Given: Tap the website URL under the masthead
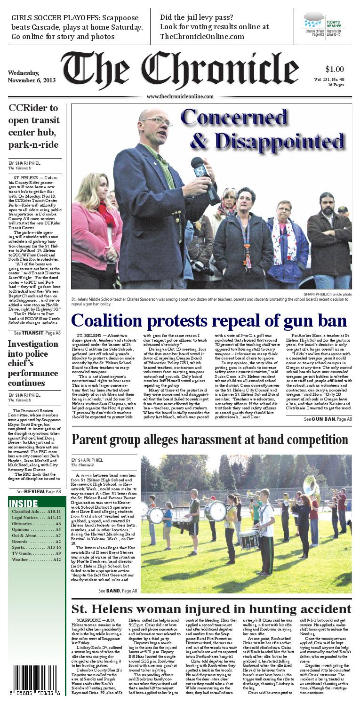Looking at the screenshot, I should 180,96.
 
